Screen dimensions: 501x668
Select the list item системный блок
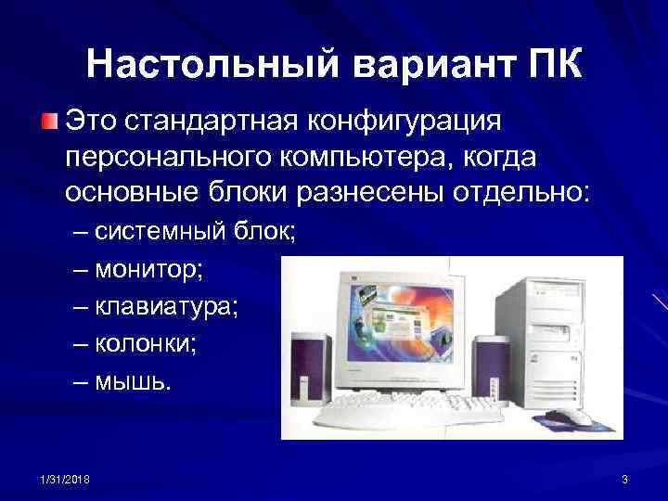point(195,232)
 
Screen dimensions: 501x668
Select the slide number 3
point(624,478)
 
